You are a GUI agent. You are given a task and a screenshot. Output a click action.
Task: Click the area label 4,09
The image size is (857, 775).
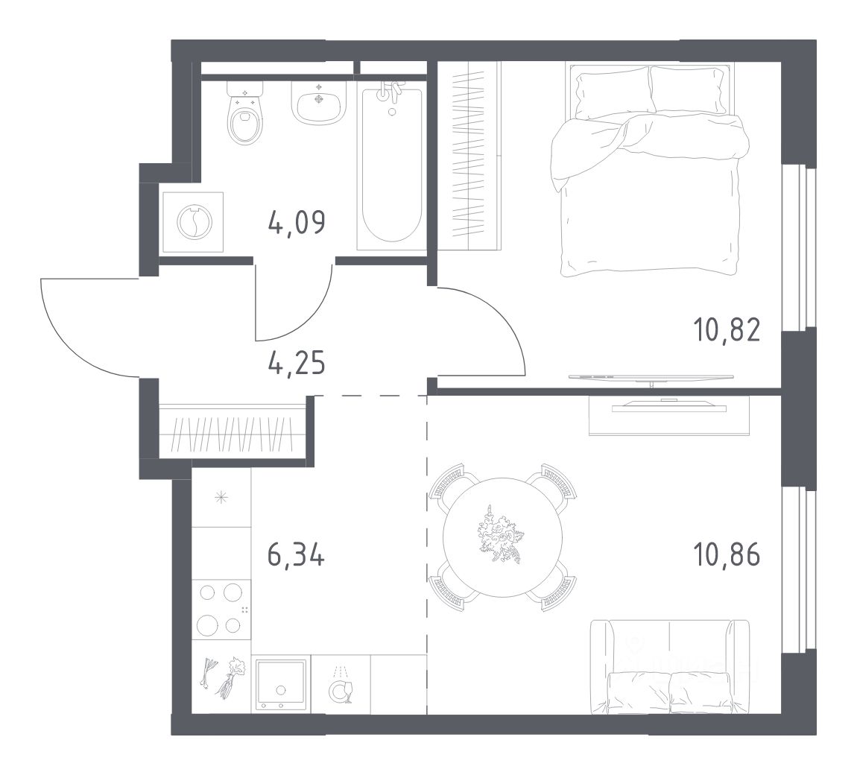click(297, 223)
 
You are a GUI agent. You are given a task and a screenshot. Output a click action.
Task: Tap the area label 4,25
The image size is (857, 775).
click(297, 363)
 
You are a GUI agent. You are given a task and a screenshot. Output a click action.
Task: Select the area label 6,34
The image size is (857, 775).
click(297, 555)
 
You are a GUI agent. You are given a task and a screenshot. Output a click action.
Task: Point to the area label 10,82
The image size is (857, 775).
click(727, 330)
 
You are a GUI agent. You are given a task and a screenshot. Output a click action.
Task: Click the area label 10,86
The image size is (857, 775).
click(727, 555)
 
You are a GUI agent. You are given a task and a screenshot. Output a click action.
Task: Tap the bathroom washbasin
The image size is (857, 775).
click(320, 103)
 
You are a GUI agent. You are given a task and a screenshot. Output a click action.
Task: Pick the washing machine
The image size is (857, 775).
click(193, 222)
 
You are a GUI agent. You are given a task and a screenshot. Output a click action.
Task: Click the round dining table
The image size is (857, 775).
click(502, 537)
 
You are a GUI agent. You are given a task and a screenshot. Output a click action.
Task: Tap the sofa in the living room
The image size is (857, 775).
click(669, 667)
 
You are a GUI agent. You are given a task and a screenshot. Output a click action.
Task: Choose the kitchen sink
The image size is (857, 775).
click(281, 684)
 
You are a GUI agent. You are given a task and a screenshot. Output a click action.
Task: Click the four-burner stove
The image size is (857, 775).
click(221, 610)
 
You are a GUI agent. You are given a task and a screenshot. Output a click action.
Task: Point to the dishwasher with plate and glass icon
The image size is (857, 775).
click(341, 684)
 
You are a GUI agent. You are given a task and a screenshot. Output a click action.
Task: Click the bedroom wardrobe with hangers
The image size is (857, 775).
click(469, 156)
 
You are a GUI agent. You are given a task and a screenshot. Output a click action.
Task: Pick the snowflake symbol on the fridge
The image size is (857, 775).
click(221, 497)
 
